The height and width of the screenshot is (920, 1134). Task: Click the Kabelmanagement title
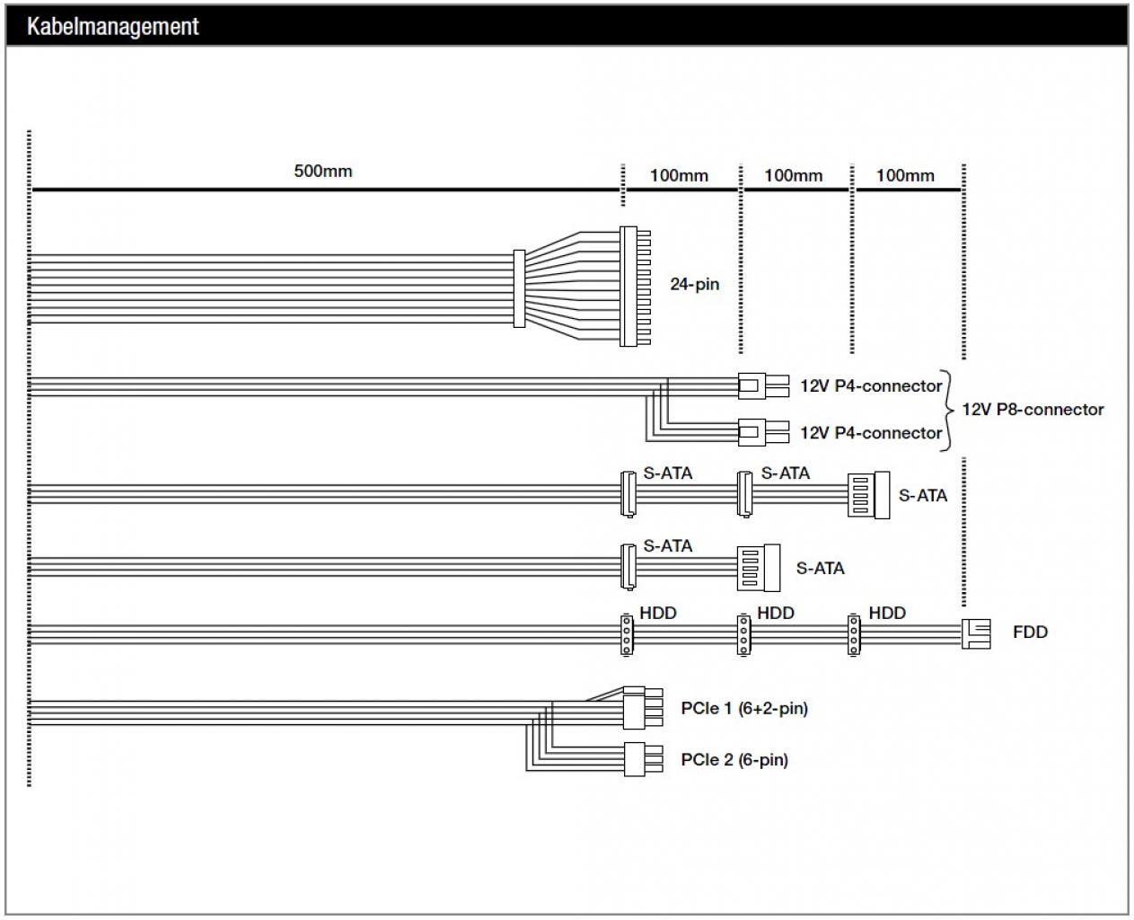[x=112, y=26]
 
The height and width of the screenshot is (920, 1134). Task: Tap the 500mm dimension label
[x=323, y=171]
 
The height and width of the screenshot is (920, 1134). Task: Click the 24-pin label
[x=694, y=284]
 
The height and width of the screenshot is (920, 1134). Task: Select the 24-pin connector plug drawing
[x=635, y=286]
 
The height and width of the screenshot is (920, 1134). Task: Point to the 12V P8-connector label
[x=1033, y=409]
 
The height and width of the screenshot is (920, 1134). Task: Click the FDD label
[x=1030, y=632]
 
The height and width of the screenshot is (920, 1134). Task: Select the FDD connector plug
[x=976, y=633]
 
